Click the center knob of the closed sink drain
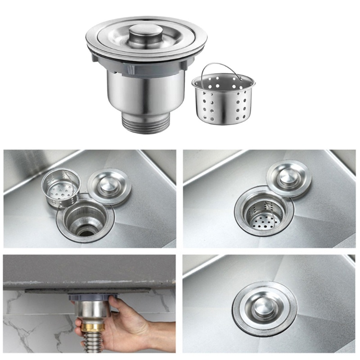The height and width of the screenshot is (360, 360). click(x=264, y=306)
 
